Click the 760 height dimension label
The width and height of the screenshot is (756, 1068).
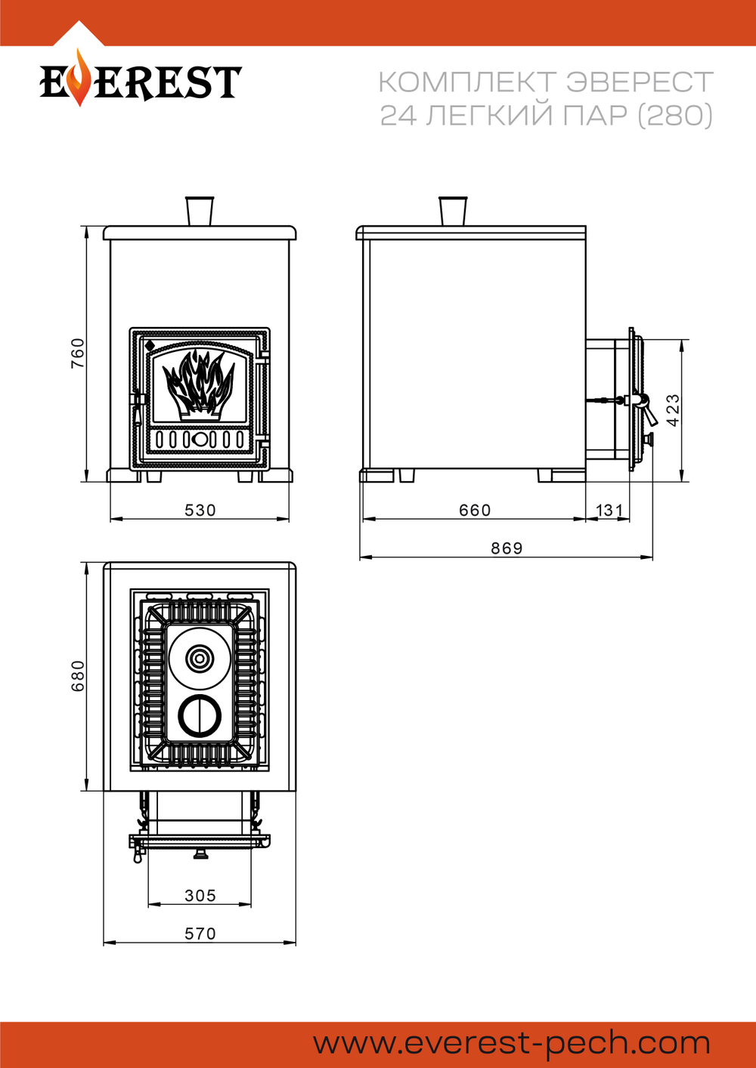(x=77, y=353)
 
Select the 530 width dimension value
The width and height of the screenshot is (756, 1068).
(x=200, y=510)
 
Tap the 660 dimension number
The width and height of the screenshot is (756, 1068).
(x=475, y=510)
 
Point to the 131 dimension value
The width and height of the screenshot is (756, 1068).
(x=609, y=510)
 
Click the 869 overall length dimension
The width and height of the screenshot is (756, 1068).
(x=507, y=548)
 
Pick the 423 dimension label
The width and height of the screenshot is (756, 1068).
(x=673, y=410)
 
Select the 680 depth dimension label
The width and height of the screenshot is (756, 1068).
(x=77, y=675)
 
